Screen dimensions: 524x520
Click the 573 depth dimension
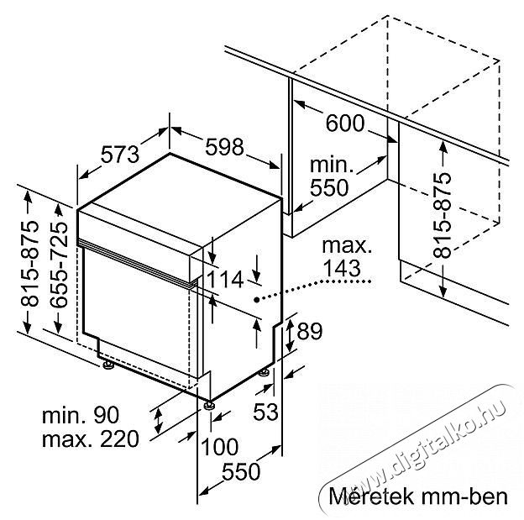pos(119,155)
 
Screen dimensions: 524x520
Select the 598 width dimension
pos(224,147)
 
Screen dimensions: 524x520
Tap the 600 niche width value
pos(345,123)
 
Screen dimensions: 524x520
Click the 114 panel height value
pos(225,280)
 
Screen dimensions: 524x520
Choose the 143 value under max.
pos(343,267)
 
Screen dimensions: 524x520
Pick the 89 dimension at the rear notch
pos(310,331)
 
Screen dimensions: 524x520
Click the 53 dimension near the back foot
pos(265,412)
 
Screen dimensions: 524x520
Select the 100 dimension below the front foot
pos(219,446)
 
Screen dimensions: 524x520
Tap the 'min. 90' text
pos(81,415)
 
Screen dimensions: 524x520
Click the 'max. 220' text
pos(90,439)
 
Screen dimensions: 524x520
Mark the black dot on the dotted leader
pos(256,300)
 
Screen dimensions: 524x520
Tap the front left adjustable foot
pos(108,365)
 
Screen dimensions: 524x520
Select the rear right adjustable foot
pos(265,372)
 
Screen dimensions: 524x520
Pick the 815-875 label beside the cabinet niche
pos(442,216)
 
